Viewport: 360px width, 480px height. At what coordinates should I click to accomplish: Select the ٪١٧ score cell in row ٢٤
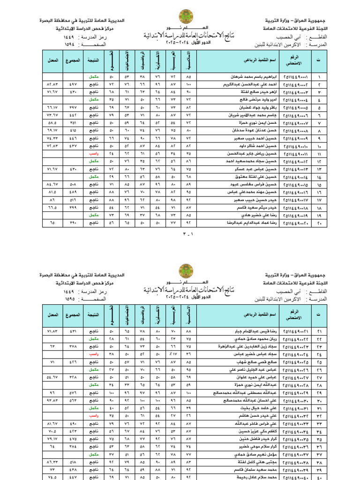point(173,354)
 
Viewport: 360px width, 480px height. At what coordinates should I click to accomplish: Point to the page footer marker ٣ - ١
point(180,233)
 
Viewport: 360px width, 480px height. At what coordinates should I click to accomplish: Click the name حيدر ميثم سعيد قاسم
point(253,207)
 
